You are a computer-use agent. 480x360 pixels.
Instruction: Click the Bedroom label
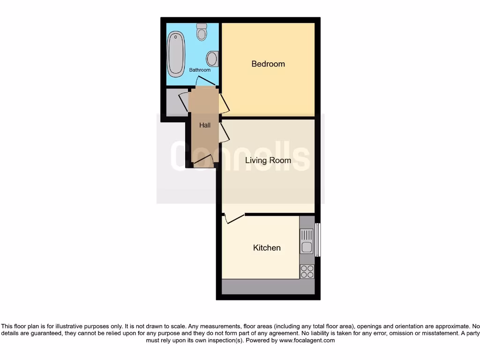coord(268,64)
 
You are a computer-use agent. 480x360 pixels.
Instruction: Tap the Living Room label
coord(268,160)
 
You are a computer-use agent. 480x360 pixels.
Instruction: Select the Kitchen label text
coord(267,247)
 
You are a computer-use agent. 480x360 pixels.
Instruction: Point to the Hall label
coord(205,125)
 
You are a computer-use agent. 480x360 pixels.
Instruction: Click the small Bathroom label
coord(200,70)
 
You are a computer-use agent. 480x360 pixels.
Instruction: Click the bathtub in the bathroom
coord(176,54)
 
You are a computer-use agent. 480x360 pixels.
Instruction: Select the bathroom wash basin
coord(212,59)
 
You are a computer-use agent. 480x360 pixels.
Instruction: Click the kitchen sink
coord(307,241)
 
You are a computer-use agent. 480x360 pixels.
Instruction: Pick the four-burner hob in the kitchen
coord(307,271)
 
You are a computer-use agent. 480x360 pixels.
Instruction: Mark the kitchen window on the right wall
coord(317,240)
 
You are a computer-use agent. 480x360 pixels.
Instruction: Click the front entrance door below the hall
coord(203,162)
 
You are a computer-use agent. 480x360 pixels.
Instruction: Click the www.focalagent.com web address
coord(307,340)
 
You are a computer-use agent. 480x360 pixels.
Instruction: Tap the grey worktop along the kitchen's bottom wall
coord(268,287)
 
